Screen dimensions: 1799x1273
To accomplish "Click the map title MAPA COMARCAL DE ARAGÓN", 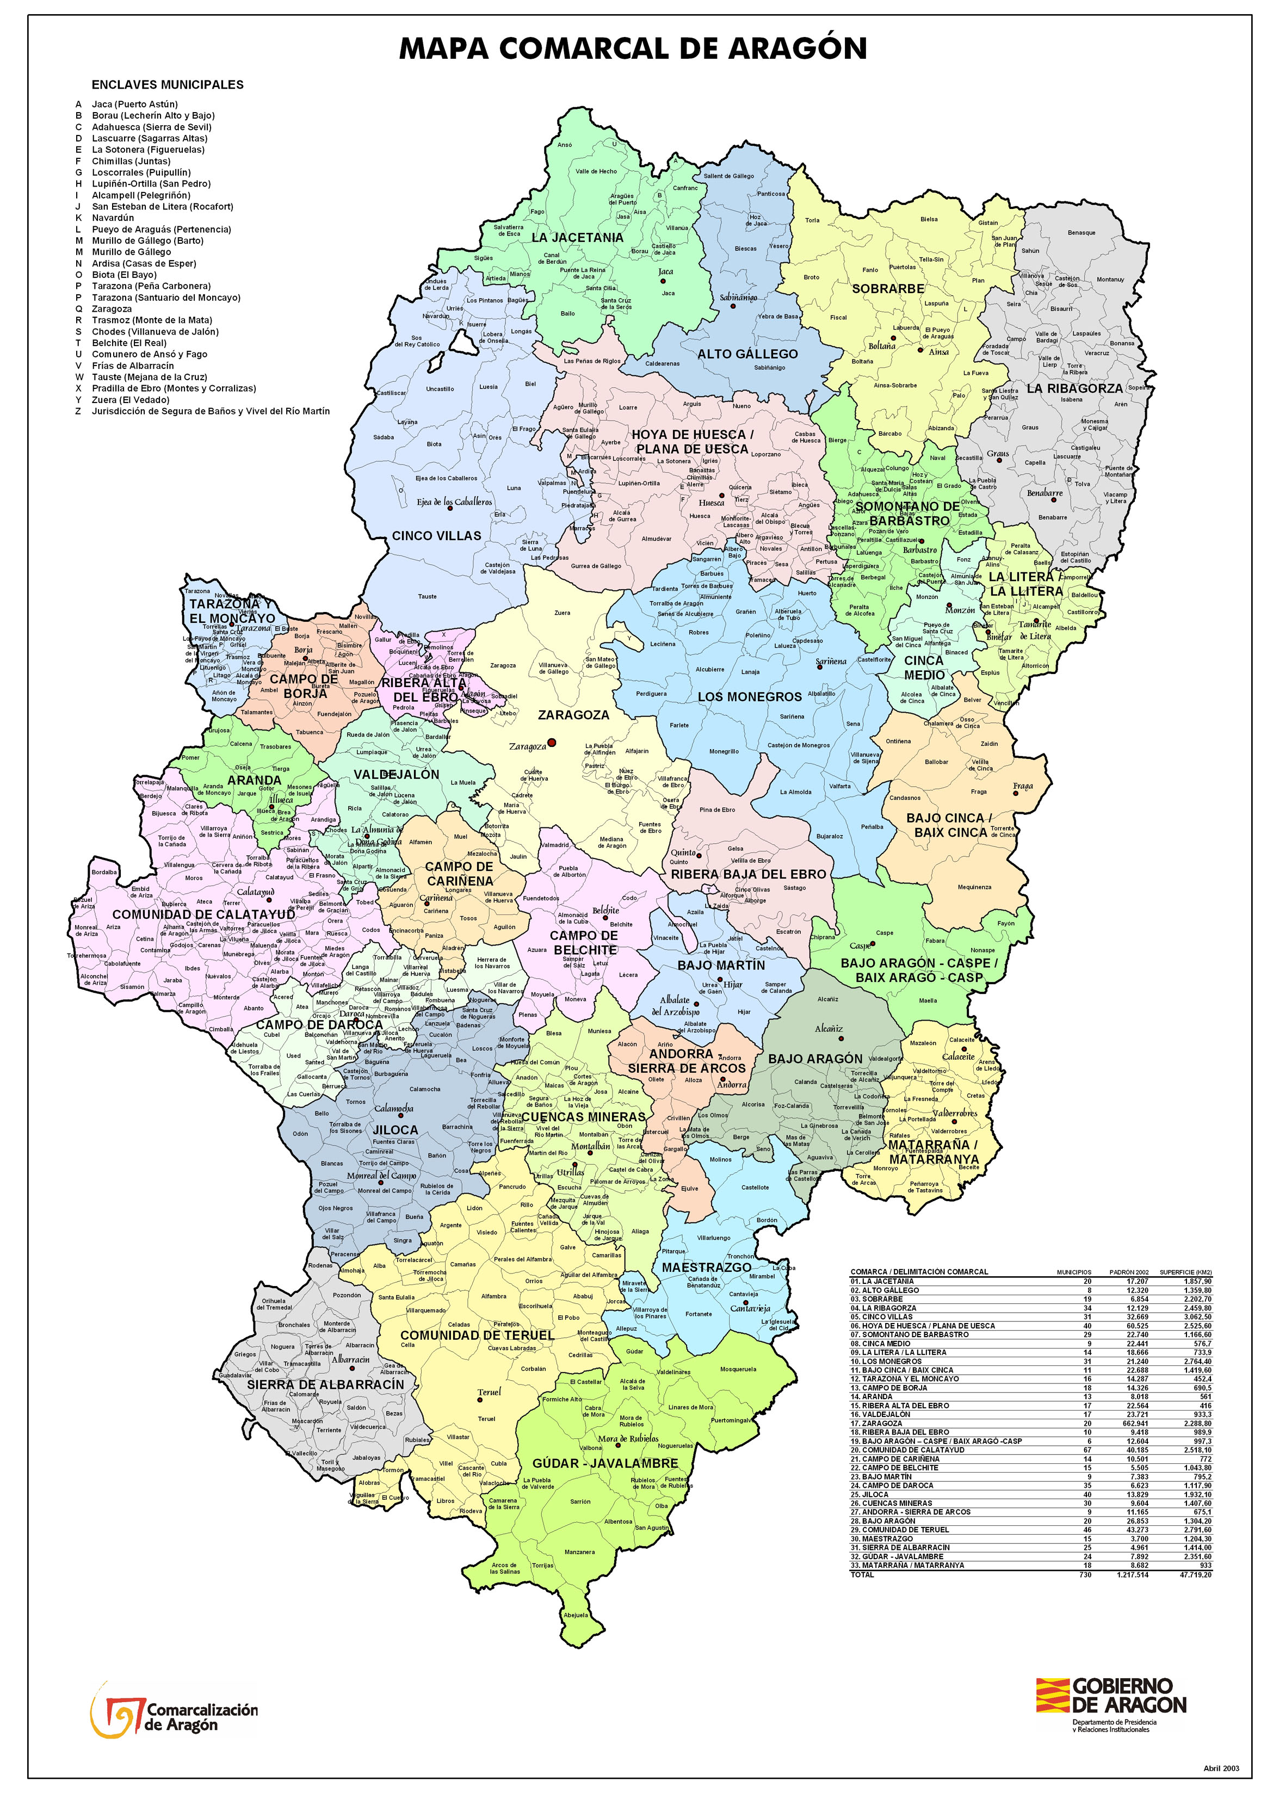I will point(633,48).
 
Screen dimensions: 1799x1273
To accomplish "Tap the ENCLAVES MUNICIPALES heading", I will point(167,85).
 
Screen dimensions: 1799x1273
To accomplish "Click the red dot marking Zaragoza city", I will point(551,743).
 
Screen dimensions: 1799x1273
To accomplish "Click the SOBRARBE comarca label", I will point(888,288).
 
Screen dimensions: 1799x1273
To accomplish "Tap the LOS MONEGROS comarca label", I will point(749,696).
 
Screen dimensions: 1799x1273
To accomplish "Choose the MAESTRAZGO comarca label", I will point(706,1268).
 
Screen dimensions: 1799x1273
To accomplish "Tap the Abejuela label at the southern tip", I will point(576,1615).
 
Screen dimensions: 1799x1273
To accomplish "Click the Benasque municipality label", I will point(1081,233).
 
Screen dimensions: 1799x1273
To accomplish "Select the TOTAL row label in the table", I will point(862,1574).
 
